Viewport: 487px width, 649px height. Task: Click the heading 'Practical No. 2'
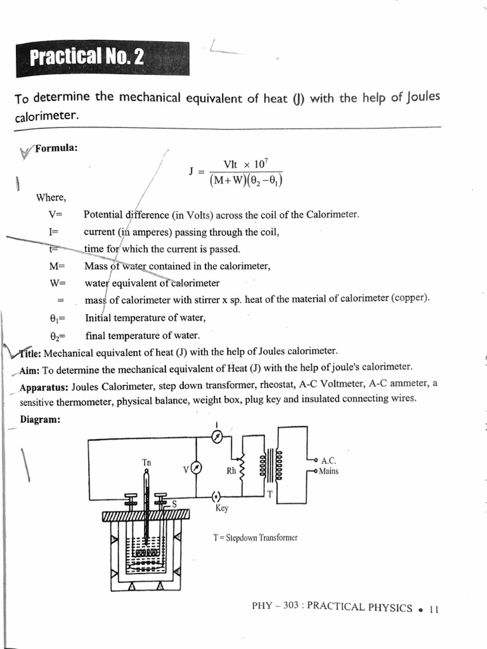[x=87, y=59]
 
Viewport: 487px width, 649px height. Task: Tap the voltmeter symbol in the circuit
[x=197, y=468]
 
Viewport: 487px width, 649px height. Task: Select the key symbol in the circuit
[x=217, y=496]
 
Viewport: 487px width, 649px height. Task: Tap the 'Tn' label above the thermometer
[x=146, y=462]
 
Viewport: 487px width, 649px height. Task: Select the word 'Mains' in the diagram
[x=328, y=471]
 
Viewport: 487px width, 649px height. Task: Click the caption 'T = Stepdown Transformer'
[x=256, y=537]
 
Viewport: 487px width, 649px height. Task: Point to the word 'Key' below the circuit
[x=222, y=508]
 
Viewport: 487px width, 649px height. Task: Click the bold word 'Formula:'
[x=56, y=148]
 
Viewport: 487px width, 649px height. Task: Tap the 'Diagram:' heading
[x=41, y=419]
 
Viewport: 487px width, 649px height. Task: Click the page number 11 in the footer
[x=434, y=608]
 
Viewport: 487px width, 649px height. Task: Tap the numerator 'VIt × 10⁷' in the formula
[x=243, y=164]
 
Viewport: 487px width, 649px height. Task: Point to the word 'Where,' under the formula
[x=51, y=196]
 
